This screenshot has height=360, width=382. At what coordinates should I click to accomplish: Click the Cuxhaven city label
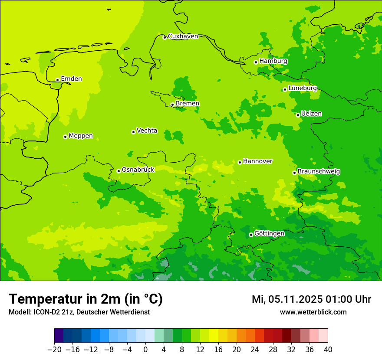click(183, 36)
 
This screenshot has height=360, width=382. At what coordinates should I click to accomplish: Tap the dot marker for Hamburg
click(256, 62)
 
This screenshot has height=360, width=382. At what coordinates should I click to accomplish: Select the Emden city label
click(71, 79)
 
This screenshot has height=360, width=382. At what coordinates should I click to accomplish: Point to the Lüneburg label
click(302, 88)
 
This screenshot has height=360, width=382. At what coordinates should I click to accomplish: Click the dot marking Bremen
click(172, 105)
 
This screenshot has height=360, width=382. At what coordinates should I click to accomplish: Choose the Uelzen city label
click(311, 114)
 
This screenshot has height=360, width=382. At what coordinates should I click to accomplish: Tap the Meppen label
click(81, 136)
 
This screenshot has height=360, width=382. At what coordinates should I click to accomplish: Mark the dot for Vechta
click(133, 132)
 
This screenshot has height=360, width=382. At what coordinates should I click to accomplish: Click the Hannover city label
click(257, 161)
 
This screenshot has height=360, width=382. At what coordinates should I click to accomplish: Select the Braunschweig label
click(319, 172)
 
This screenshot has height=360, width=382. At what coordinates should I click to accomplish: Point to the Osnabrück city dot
click(119, 171)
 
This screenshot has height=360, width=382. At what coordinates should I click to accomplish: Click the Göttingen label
click(269, 234)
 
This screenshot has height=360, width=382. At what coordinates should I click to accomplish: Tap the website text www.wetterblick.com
click(313, 312)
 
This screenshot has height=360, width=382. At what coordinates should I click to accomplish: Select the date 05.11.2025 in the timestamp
click(294, 299)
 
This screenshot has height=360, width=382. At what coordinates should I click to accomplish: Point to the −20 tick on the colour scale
click(54, 350)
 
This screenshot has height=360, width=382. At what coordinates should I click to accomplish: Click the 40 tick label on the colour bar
click(328, 350)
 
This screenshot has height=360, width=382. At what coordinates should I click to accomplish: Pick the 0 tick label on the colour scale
click(145, 350)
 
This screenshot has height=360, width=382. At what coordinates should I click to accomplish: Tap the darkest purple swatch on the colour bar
click(59, 336)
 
